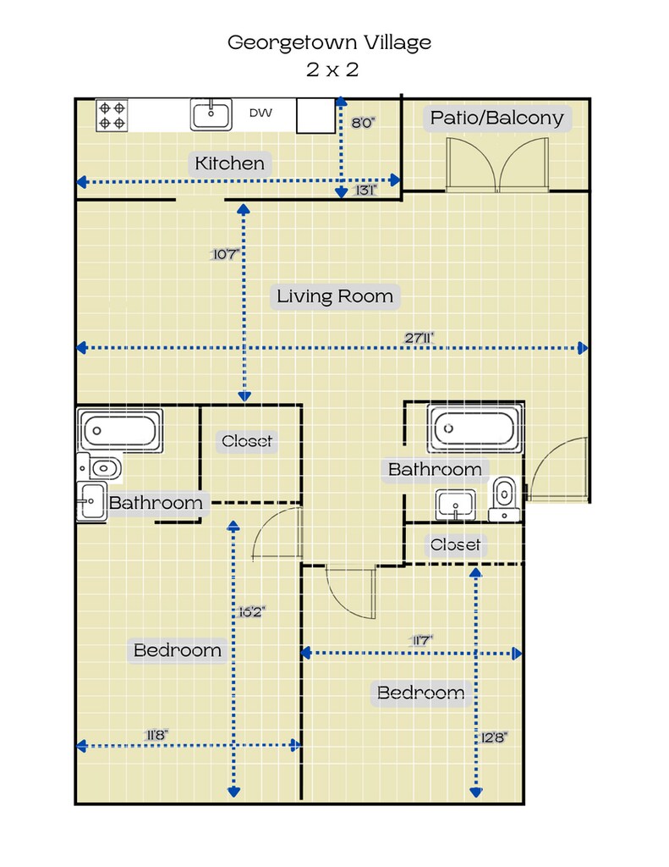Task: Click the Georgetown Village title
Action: [x=329, y=42]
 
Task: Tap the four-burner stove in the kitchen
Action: [x=112, y=115]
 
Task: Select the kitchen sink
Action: [x=211, y=114]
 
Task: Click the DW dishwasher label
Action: [x=260, y=113]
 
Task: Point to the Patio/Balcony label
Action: [x=496, y=118]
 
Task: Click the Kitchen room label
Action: [x=230, y=163]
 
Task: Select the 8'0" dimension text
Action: [x=363, y=123]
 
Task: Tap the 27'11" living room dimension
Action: [x=419, y=337]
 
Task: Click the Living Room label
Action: [x=335, y=295]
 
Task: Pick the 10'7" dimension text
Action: [x=225, y=254]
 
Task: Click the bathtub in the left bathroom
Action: [x=120, y=430]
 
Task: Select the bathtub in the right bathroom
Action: [x=474, y=428]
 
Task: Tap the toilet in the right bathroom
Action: [x=504, y=498]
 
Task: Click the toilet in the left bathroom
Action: [x=100, y=467]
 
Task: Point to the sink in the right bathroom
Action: [x=455, y=505]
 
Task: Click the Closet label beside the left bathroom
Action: [x=247, y=440]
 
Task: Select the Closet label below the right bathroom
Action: [x=455, y=544]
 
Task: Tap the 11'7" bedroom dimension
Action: [x=420, y=640]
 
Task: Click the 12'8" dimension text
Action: [x=494, y=737]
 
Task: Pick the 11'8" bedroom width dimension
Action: [x=156, y=735]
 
